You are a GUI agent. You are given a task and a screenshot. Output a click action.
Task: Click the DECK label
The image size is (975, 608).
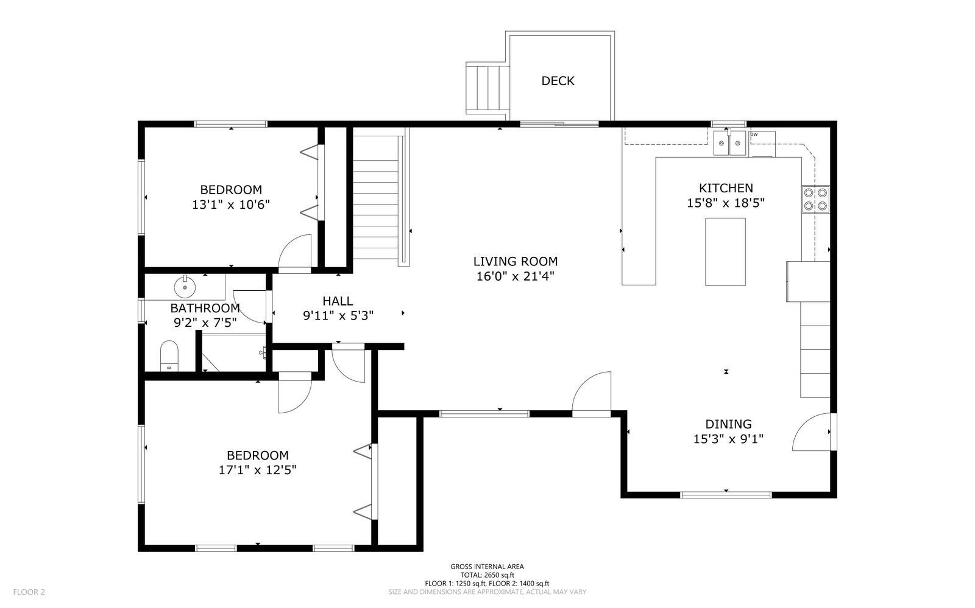coord(558,81)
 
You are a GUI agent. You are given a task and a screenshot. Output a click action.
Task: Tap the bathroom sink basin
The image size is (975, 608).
coord(185,287)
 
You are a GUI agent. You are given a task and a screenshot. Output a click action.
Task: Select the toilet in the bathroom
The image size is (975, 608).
coord(169,356)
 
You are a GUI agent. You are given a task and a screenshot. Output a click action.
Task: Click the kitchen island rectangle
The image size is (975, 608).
coord(725,251)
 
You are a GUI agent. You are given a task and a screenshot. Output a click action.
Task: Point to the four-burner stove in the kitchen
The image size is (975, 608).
coord(816,200)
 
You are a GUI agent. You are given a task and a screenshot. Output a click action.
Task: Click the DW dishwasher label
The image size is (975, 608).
coord(754,135)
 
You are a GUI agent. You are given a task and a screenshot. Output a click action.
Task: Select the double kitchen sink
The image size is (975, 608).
coord(729,143)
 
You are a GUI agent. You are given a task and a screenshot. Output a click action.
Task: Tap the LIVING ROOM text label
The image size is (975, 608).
coord(516,261)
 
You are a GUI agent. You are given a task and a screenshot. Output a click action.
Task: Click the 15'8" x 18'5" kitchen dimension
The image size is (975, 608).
coord(726,203)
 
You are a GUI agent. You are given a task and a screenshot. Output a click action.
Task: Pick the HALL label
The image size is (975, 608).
coord(338,301)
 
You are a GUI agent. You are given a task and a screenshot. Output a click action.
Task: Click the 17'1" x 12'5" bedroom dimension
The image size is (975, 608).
coord(258,470)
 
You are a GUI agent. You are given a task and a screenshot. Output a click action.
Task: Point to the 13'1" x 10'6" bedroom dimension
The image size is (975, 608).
coord(231,204)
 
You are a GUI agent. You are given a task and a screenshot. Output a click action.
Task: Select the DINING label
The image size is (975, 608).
coord(728,424)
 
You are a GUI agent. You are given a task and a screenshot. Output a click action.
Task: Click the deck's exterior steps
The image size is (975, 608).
coord(487,88)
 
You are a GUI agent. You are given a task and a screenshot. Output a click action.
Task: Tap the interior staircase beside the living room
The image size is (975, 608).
coord(376,197)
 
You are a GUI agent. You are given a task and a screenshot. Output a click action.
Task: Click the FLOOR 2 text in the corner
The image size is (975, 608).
coord(29,592)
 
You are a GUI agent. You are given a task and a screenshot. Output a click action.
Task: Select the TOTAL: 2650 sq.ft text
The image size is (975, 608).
coord(487,575)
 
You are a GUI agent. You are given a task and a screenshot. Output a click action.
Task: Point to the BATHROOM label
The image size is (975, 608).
coord(205,308)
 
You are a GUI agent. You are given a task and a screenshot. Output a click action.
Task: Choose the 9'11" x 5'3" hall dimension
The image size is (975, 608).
coord(338,315)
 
